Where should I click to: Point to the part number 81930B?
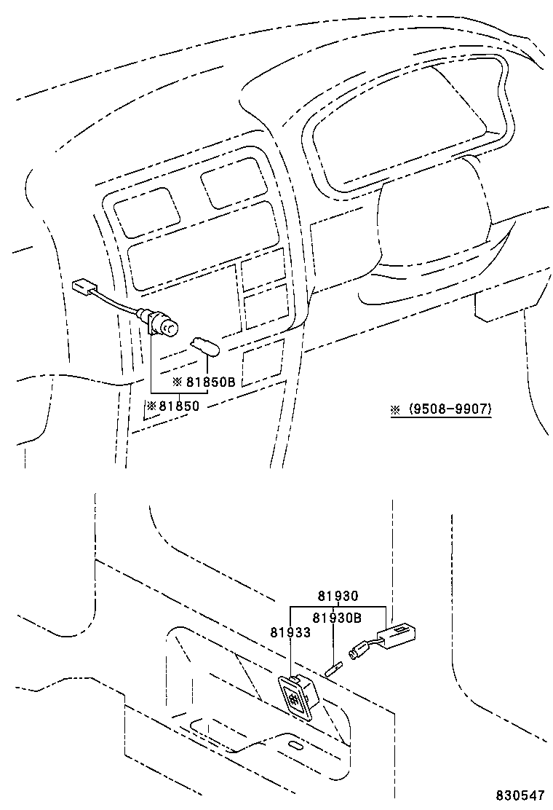coord(337,618)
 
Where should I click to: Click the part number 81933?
coord(290,632)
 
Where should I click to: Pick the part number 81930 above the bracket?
coord(338,596)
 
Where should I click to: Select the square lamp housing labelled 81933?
coord(298,696)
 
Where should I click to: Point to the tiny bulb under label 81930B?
coord(333,667)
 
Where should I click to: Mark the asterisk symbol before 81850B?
coord(176,381)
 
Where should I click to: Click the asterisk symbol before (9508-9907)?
coord(396,409)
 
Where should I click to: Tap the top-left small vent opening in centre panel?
coord(147,212)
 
